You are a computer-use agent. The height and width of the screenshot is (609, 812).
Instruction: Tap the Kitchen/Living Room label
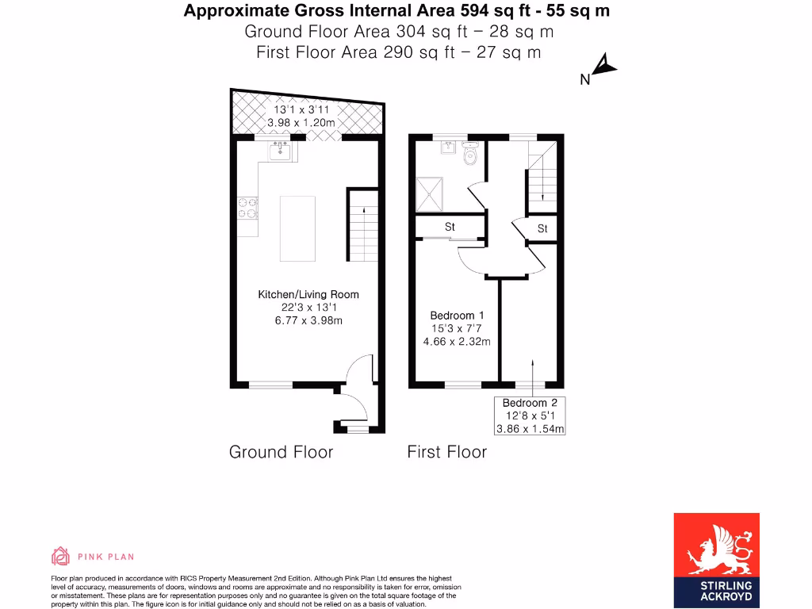(x=298, y=294)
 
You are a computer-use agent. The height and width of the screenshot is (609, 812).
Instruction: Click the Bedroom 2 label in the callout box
(x=530, y=403)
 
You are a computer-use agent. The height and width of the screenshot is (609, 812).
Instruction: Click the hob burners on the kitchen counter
(x=247, y=208)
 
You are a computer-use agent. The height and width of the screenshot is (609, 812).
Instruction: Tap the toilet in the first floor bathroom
(x=470, y=155)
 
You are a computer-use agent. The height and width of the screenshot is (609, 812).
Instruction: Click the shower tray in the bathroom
(x=432, y=195)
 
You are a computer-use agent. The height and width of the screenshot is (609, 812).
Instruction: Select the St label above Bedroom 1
(x=450, y=228)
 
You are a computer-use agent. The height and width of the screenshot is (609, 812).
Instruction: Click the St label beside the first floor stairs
(x=542, y=229)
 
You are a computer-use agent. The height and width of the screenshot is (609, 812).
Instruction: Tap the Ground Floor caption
(x=281, y=452)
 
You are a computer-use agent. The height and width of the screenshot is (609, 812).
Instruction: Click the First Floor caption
(x=446, y=452)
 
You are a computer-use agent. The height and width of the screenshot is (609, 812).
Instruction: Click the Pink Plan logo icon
(x=60, y=555)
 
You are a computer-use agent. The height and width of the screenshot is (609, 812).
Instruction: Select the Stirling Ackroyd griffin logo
(x=716, y=550)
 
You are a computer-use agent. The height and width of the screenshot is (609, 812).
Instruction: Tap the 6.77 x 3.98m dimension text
(x=298, y=320)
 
